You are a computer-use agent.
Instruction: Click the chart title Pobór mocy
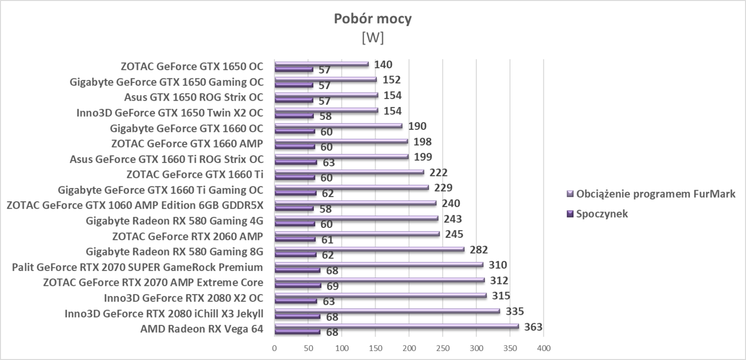click(372, 19)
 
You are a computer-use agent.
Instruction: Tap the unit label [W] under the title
click(372, 38)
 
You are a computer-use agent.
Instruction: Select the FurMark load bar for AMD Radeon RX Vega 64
click(396, 326)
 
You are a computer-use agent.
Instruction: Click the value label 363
click(533, 327)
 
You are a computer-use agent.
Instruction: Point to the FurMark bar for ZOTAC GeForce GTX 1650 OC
click(321, 64)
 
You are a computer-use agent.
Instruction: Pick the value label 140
click(383, 65)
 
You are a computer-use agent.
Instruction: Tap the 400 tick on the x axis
click(544, 348)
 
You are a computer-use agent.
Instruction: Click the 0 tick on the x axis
click(274, 348)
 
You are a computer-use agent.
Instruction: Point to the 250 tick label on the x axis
click(442, 348)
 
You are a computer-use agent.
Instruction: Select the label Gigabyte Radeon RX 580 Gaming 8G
click(175, 251)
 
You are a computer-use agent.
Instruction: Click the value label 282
click(479, 250)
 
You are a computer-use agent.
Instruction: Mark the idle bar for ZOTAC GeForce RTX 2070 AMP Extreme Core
click(297, 285)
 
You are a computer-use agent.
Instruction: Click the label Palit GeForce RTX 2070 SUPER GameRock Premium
click(137, 267)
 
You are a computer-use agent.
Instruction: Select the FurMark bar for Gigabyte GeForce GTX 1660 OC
click(338, 126)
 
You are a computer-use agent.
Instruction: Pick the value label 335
click(514, 312)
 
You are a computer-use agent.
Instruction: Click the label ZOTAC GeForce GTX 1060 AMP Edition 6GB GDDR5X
click(135, 205)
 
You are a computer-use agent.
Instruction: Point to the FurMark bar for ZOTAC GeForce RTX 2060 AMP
click(357, 234)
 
